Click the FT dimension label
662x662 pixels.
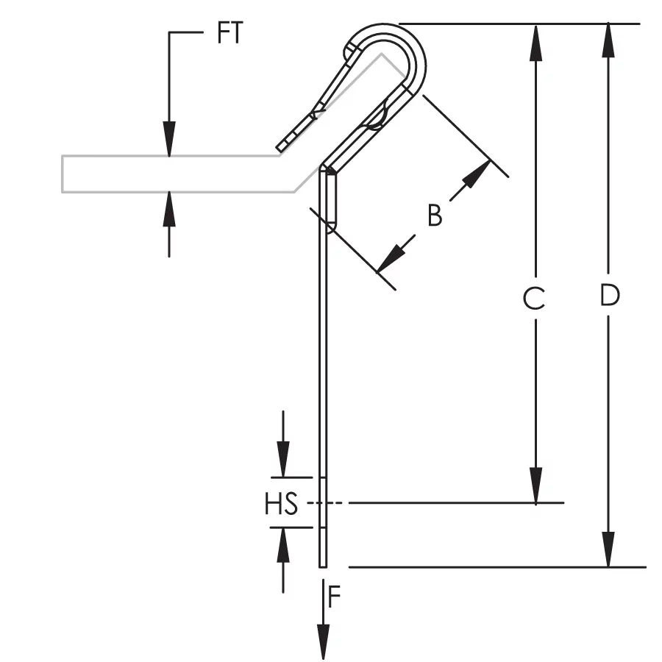point(230,32)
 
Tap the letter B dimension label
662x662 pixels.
point(435,216)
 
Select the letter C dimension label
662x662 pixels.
point(534,298)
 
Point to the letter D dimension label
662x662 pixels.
point(610,295)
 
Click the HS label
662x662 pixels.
point(281,503)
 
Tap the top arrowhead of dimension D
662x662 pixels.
point(608,40)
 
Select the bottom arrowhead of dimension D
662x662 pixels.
point(608,549)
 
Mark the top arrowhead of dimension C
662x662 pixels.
point(535,43)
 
